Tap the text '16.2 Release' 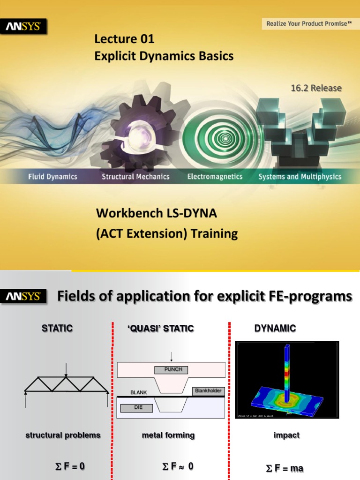point(316,88)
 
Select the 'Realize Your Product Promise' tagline point(309,23)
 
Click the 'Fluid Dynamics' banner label point(52,177)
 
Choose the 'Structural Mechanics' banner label point(135,177)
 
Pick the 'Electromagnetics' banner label point(215,177)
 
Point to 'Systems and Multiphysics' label point(300,177)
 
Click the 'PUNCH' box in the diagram point(172,370)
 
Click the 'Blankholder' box point(208,391)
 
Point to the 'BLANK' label point(139,392)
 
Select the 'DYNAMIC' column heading point(275,329)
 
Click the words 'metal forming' point(168,435)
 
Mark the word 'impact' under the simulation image point(286,435)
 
